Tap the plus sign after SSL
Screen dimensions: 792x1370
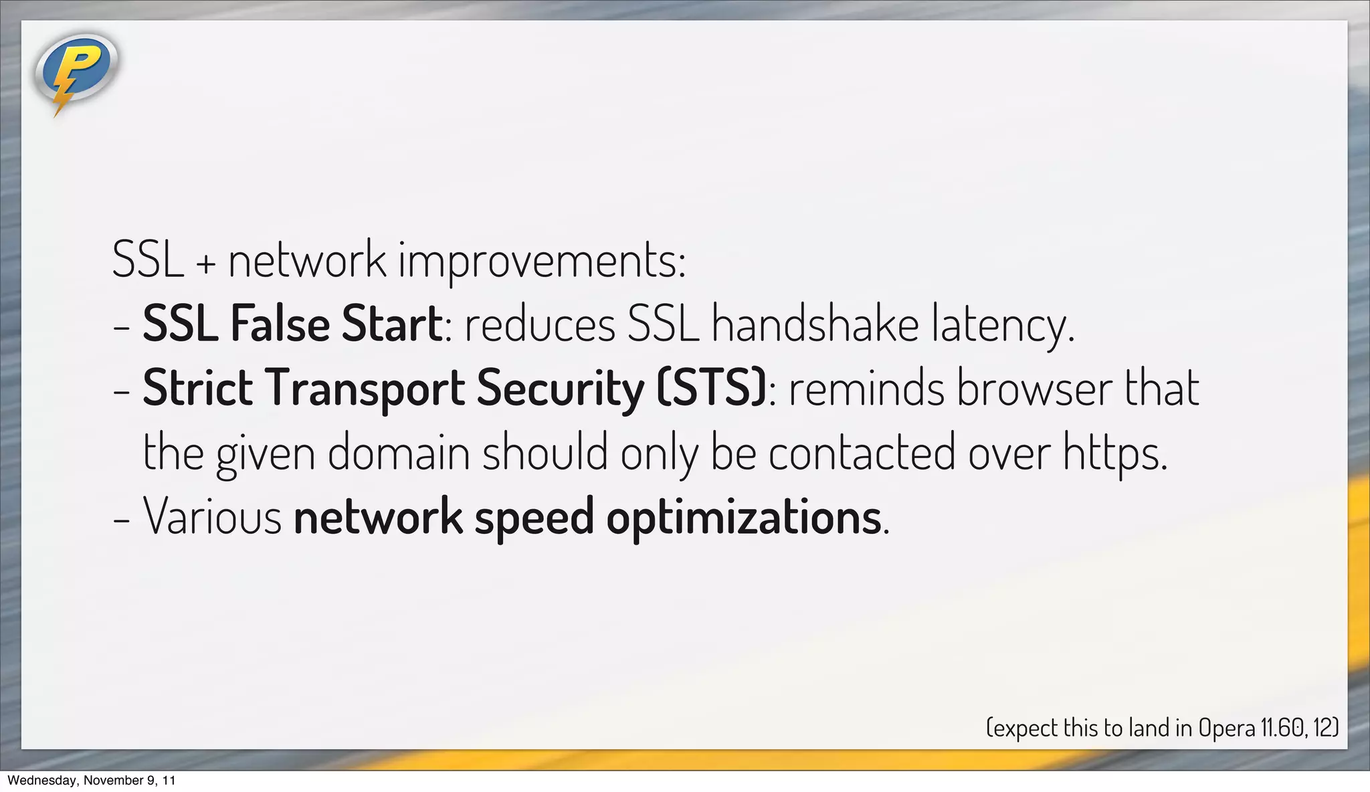coord(206,264)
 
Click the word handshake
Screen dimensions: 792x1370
coord(815,324)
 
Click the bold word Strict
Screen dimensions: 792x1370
coord(197,388)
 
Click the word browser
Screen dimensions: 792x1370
coord(1034,388)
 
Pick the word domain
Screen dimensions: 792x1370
coord(399,452)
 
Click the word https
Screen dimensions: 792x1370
coord(1114,454)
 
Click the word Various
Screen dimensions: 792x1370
coord(213,517)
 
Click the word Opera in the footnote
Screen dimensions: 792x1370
coord(1226,728)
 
